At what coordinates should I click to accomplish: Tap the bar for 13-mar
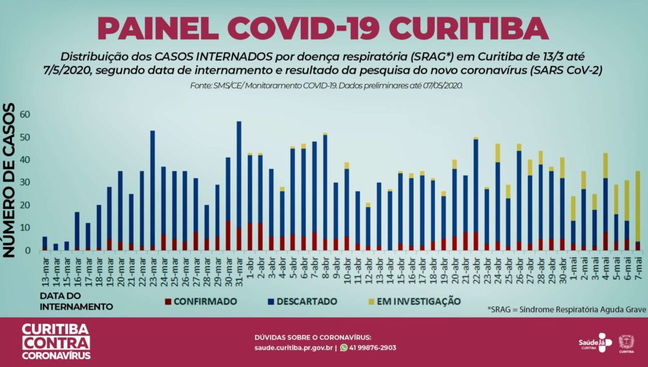[45, 244]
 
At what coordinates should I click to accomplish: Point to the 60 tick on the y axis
[25, 115]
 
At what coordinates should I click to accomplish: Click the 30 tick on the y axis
[25, 183]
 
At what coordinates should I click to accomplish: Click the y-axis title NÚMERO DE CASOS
[10, 180]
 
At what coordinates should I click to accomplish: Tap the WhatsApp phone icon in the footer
[344, 347]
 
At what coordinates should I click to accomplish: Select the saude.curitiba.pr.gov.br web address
[293, 348]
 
